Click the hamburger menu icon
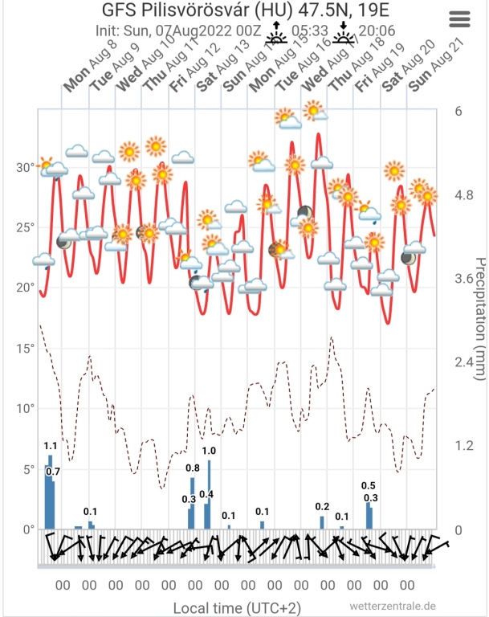(x=460, y=19)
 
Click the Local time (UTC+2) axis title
(x=237, y=607)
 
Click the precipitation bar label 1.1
(x=50, y=446)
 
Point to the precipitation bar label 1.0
(x=209, y=451)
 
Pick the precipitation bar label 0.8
(x=193, y=468)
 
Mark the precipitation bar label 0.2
(x=322, y=506)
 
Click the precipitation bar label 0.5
(x=369, y=485)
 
